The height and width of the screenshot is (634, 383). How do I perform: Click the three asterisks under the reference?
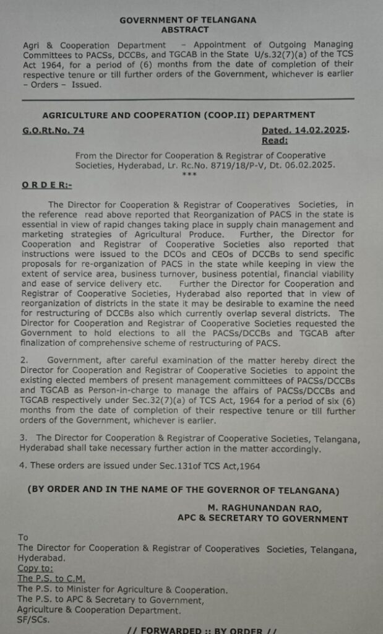coord(189,174)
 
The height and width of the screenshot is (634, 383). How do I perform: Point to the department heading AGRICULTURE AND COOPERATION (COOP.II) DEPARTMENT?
coord(178,115)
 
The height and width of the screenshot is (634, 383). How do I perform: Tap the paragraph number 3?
coord(23,438)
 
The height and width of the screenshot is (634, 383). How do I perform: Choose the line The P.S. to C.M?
coord(51,579)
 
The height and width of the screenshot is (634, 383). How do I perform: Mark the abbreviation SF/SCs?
coord(33,620)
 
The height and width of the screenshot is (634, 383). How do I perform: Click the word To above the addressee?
coord(23,537)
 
